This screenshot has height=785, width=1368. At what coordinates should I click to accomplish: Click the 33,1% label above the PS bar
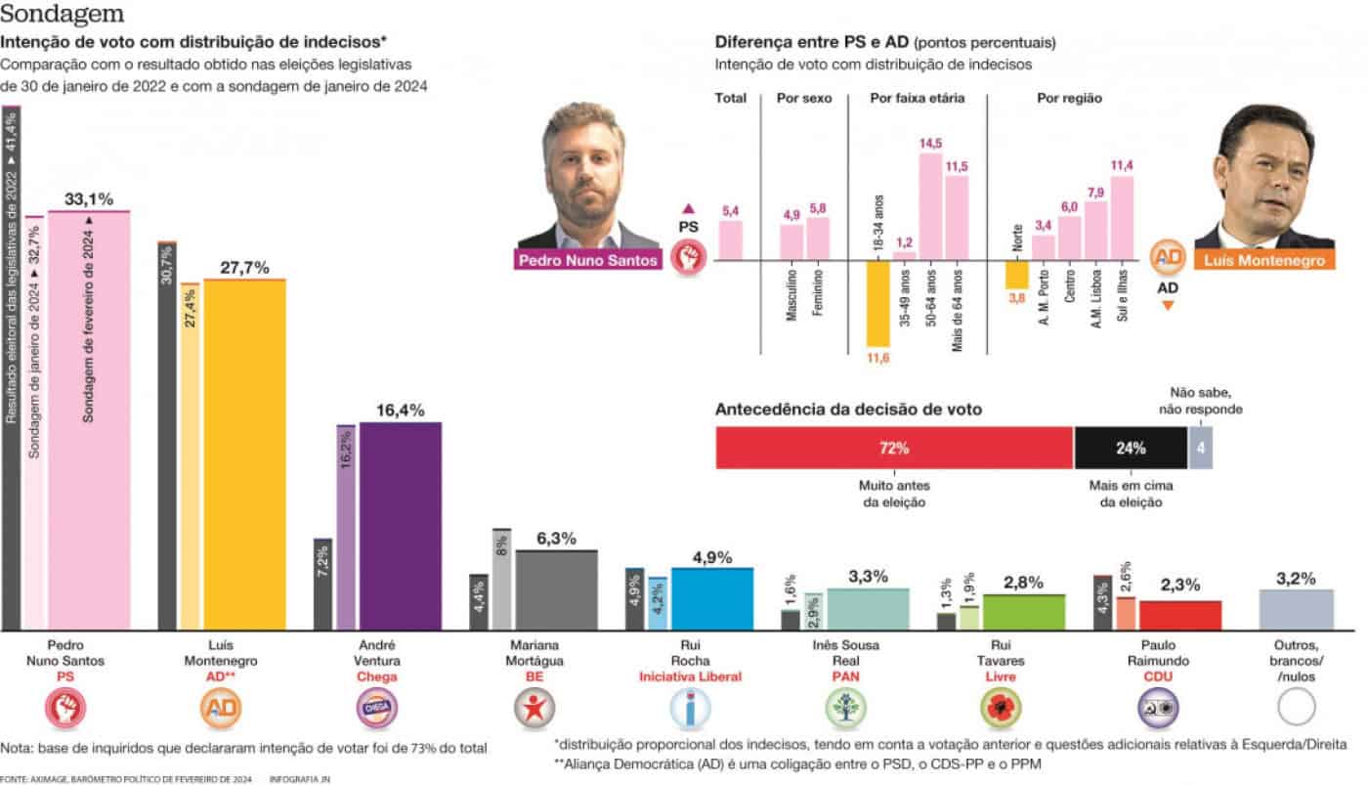click(x=88, y=198)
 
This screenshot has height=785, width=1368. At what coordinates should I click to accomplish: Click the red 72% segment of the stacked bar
click(x=894, y=449)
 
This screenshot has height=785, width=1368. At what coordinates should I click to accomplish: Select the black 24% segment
click(x=1130, y=449)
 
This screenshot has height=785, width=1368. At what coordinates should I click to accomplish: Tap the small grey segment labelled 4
click(x=1201, y=449)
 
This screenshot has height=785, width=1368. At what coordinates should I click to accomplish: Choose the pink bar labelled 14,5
click(x=930, y=206)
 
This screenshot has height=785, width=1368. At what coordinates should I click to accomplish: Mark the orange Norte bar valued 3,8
click(x=1017, y=275)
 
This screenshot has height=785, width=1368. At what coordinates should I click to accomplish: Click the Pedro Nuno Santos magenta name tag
click(x=588, y=261)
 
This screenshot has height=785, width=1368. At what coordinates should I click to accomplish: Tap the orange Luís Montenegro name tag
click(x=1264, y=261)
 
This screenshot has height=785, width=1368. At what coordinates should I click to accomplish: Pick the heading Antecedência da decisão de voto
click(x=848, y=410)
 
